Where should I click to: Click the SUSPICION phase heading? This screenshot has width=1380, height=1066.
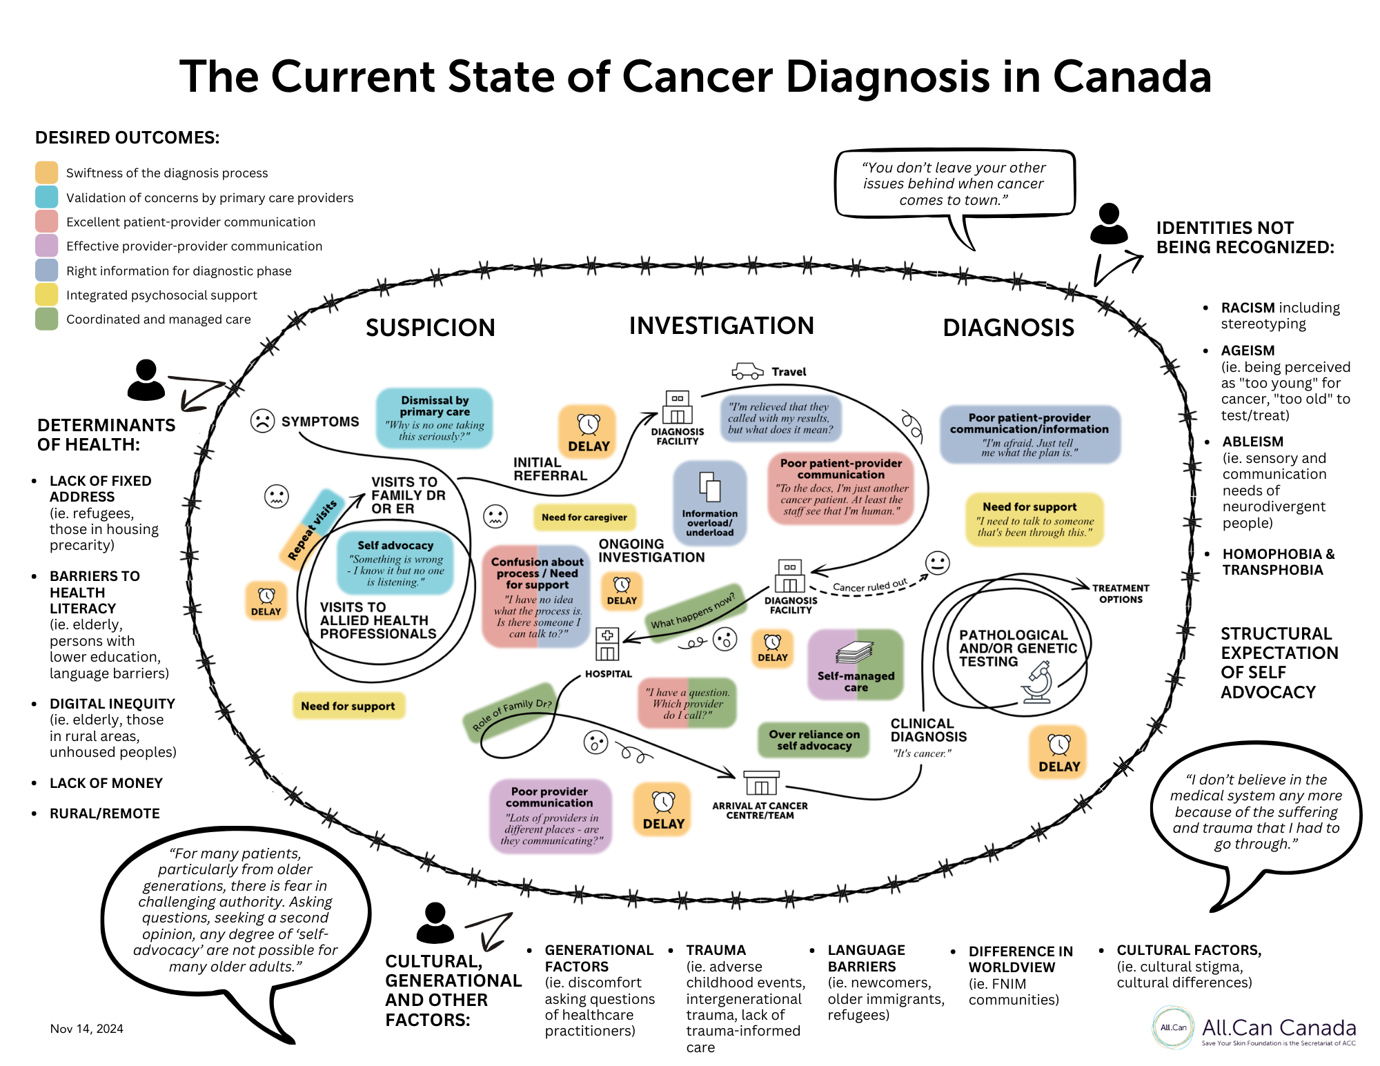click(x=430, y=328)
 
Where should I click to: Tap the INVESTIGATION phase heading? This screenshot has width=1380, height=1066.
click(x=721, y=326)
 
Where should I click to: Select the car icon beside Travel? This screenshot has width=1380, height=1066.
click(x=747, y=371)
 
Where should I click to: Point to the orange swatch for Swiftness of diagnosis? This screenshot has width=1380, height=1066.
click(x=46, y=172)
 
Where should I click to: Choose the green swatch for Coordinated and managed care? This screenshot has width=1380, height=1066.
click(x=46, y=319)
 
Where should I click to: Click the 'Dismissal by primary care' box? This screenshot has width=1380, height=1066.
click(x=435, y=417)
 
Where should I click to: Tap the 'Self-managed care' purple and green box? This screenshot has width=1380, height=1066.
click(x=856, y=664)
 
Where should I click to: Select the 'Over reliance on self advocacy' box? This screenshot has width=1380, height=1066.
click(x=814, y=740)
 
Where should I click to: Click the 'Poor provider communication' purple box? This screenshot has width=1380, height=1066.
click(x=550, y=816)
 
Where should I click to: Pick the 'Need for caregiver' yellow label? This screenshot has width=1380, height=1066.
click(x=584, y=517)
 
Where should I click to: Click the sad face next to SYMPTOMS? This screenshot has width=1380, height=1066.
click(x=262, y=421)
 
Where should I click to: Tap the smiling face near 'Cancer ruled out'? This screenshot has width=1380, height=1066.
click(x=937, y=563)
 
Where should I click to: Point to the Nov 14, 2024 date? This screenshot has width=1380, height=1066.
click(x=87, y=1029)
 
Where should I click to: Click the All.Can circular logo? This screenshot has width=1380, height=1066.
click(x=1173, y=1027)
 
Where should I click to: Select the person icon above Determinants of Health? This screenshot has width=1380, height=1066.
click(x=146, y=379)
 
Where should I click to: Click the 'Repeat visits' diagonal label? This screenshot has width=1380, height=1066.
click(x=312, y=529)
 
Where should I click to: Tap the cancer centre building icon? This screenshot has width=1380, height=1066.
click(x=760, y=784)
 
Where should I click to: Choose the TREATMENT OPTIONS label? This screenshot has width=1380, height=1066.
click(x=1121, y=593)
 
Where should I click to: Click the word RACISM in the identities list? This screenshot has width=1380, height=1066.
click(x=1248, y=308)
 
